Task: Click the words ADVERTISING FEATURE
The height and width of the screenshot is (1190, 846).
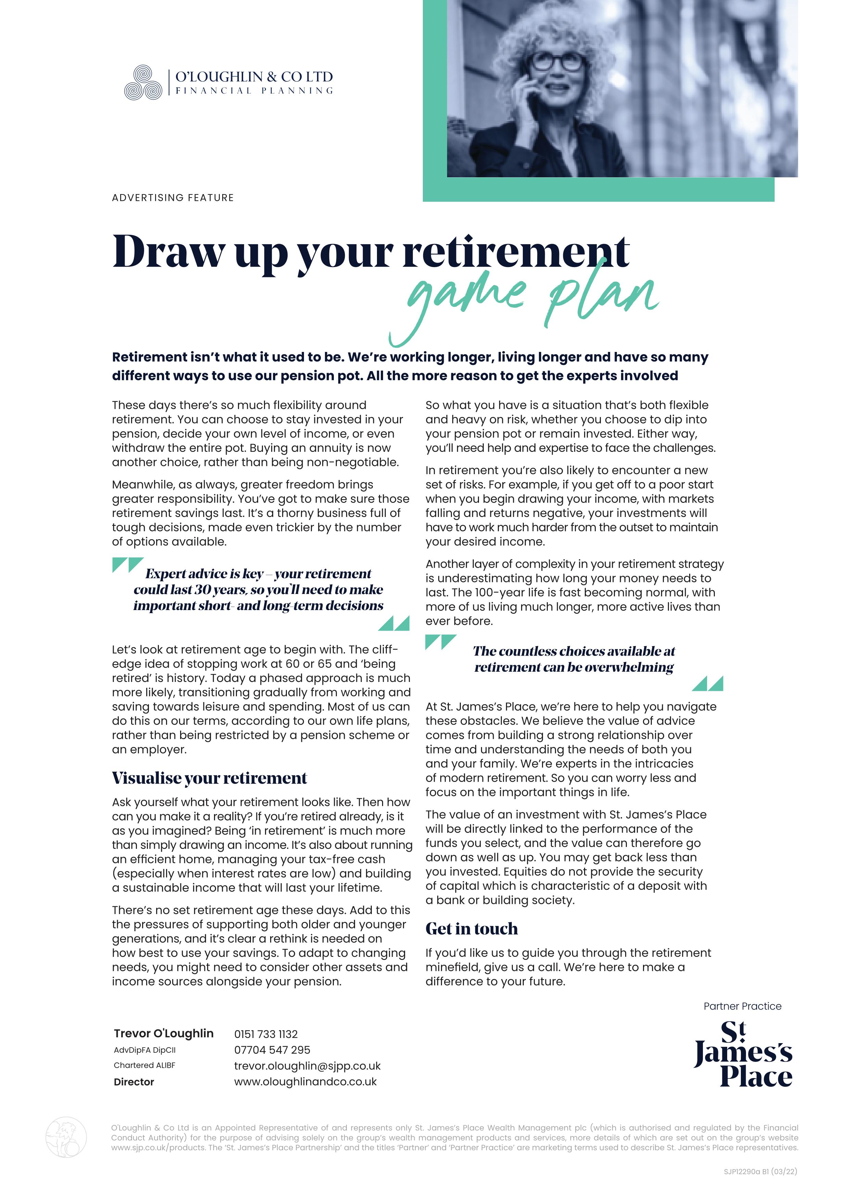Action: [173, 198]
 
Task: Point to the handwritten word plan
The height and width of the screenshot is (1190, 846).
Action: [602, 297]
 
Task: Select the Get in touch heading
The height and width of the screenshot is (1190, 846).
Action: [471, 928]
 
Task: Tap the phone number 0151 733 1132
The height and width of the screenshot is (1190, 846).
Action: [266, 1034]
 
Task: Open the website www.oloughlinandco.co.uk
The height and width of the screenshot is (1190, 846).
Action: [305, 1082]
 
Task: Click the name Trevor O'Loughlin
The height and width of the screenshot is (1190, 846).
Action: [164, 1033]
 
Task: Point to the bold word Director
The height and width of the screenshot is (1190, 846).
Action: [134, 1082]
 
